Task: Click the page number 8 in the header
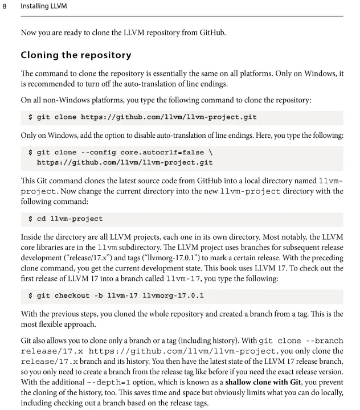click(5, 7)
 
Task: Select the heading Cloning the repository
click(76, 55)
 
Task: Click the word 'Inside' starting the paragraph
click(31, 237)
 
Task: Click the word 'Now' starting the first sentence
click(28, 32)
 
